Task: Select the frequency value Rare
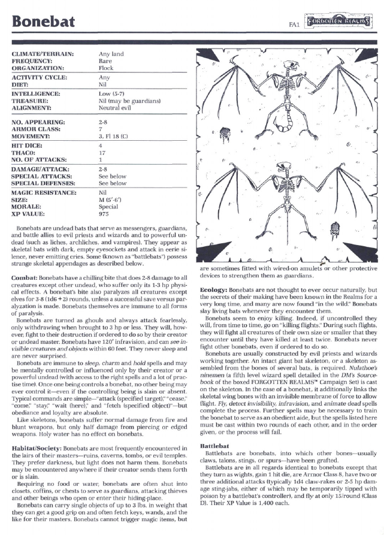pos(105,61)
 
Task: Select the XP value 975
pos(103,214)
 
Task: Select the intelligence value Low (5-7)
pos(112,94)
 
